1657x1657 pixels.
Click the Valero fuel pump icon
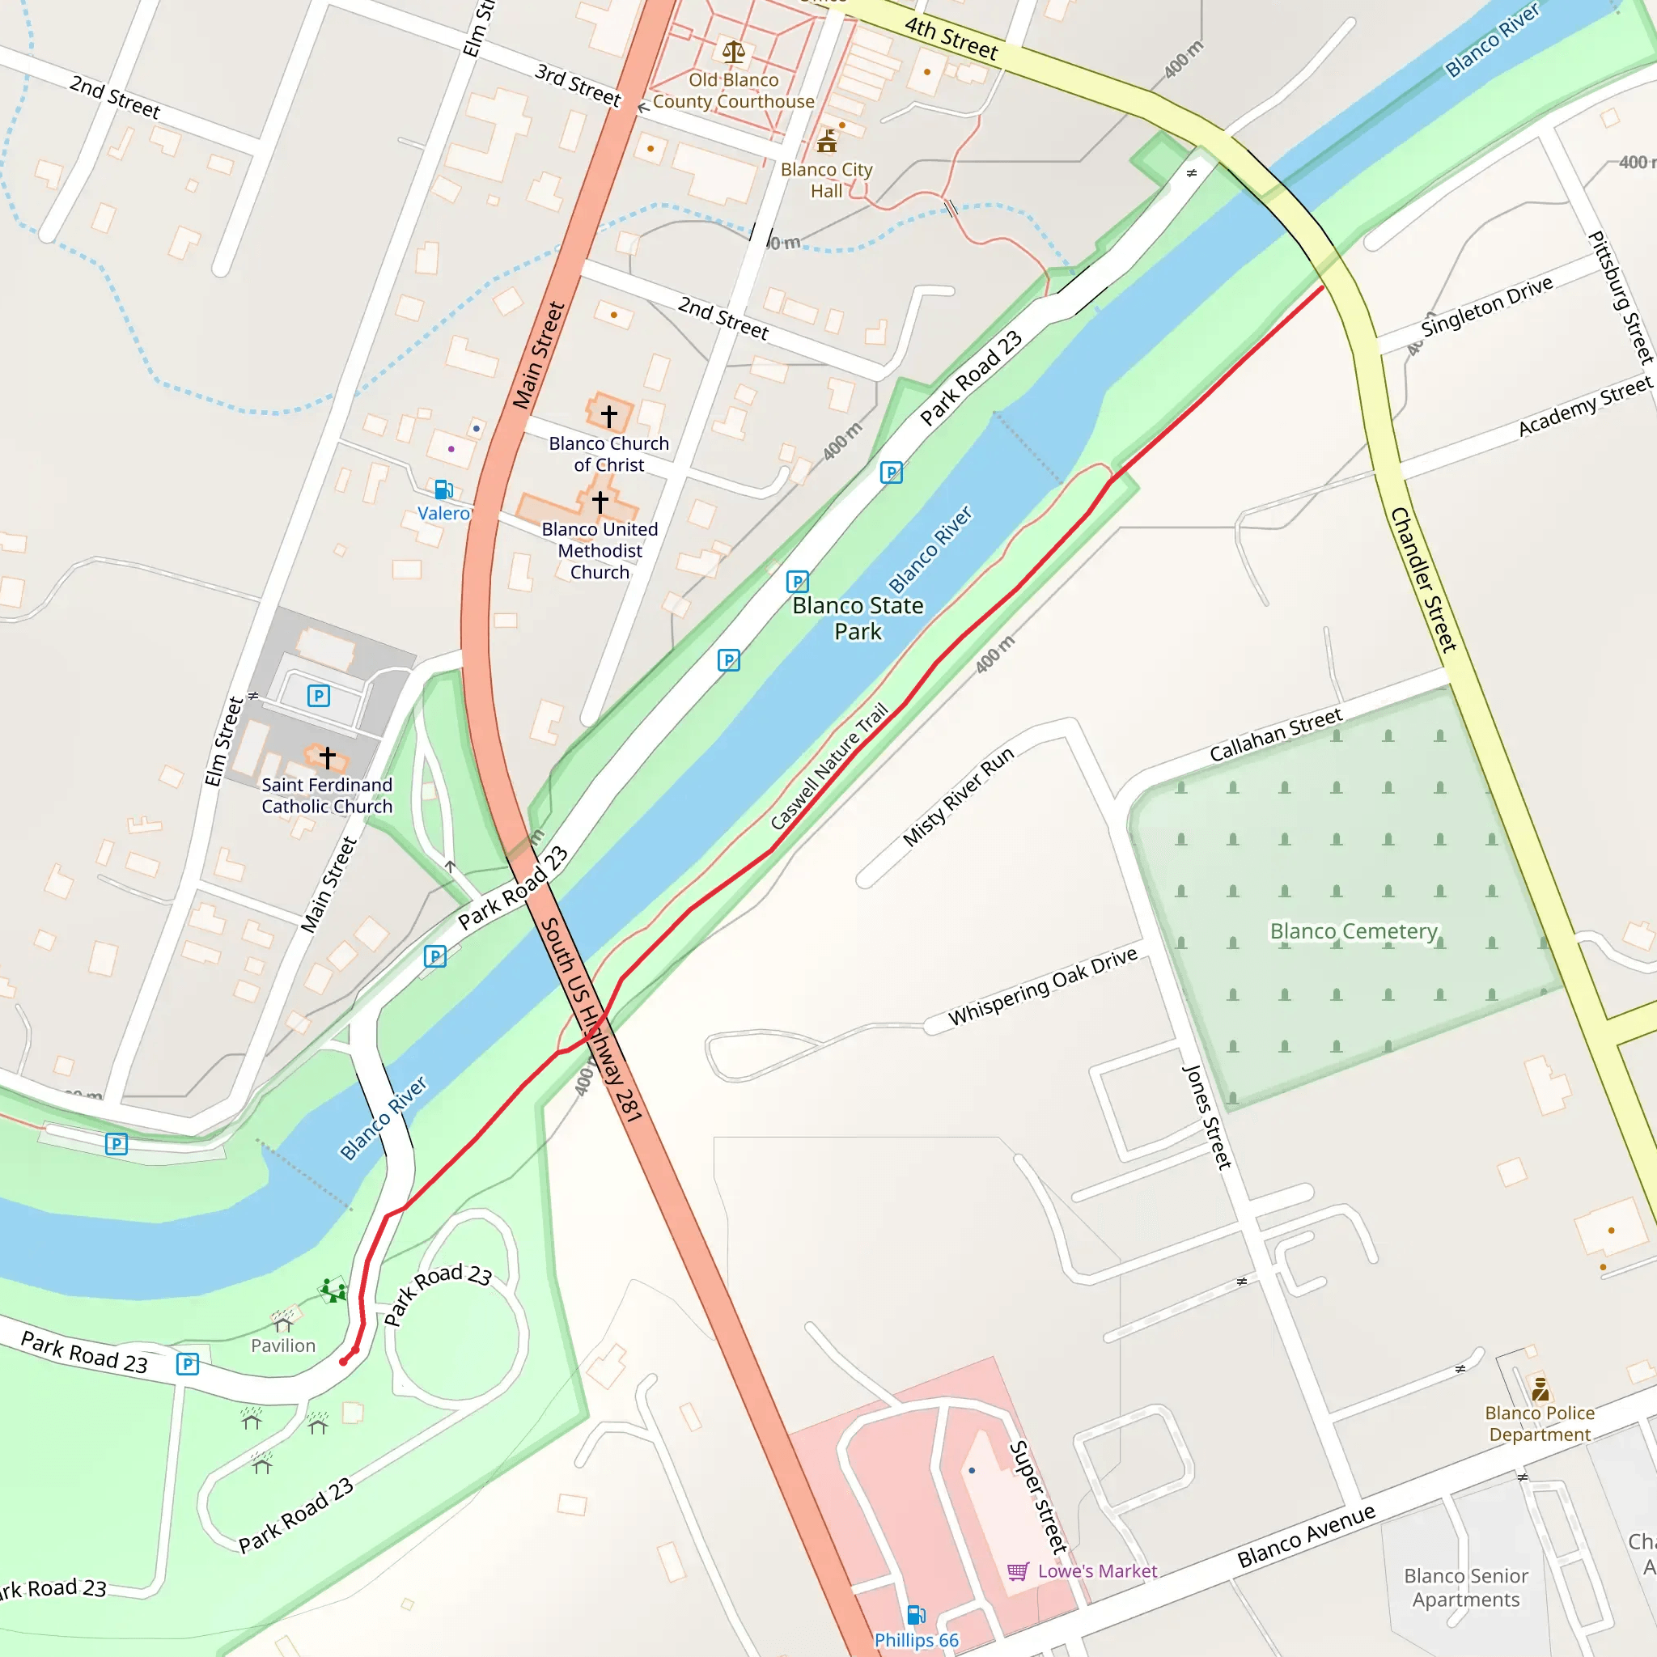443,489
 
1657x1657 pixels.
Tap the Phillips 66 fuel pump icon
916,1616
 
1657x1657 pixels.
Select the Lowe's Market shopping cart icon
1018,1571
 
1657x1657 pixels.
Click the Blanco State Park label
858,618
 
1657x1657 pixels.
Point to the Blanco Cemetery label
1354,931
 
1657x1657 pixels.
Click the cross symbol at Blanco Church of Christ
609,417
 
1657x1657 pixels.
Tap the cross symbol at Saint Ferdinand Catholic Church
328,757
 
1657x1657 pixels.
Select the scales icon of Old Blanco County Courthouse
733,53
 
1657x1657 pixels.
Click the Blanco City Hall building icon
827,141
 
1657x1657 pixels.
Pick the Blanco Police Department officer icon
1540,1388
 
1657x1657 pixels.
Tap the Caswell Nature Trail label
828,767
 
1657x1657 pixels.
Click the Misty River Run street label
959,797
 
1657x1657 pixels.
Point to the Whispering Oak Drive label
1043,986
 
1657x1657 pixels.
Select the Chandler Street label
1424,580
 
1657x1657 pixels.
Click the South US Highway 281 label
591,1019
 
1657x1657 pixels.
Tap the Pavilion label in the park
283,1346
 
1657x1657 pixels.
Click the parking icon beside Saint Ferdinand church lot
319,696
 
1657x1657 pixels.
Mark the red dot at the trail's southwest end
344,1361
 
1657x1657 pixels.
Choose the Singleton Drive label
1486,306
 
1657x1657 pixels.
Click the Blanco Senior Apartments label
1466,1587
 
